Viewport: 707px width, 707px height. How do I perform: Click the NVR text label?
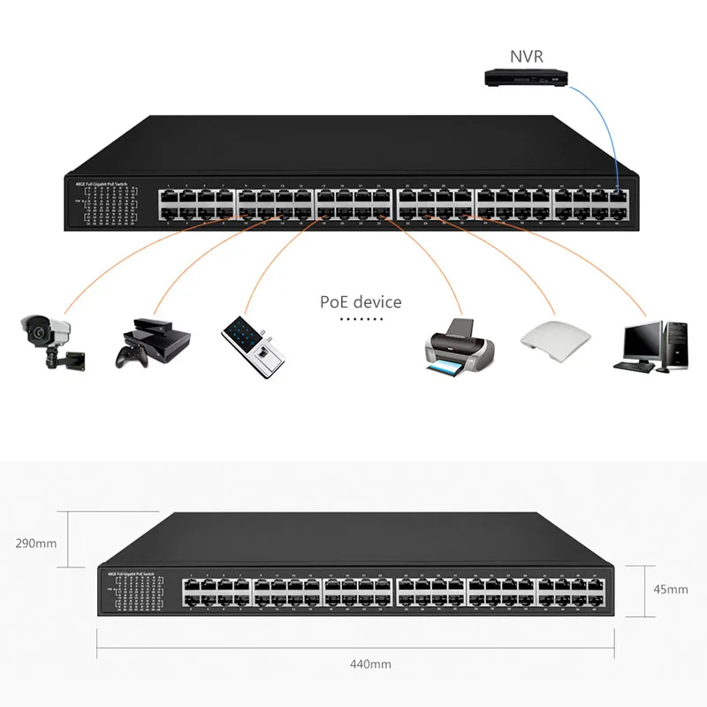pyautogui.click(x=526, y=57)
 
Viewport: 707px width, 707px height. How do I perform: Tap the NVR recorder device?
pyautogui.click(x=526, y=79)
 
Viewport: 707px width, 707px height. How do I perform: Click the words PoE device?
pyautogui.click(x=361, y=302)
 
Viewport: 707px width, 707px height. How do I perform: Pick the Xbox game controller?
pyautogui.click(x=130, y=355)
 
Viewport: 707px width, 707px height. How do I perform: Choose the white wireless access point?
pyautogui.click(x=553, y=337)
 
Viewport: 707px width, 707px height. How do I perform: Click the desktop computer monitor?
pyautogui.click(x=642, y=339)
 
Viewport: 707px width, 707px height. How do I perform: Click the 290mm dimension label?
pyautogui.click(x=36, y=544)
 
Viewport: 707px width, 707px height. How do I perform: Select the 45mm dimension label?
pyautogui.click(x=671, y=589)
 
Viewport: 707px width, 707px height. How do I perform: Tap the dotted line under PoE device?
pyautogui.click(x=360, y=319)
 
